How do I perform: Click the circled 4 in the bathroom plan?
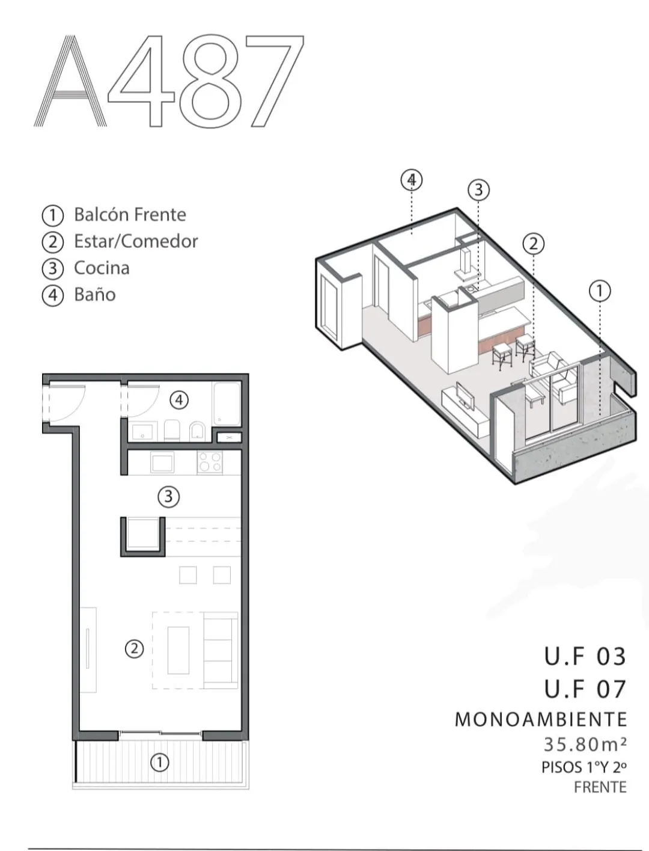[179, 400]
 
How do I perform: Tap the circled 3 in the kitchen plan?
[168, 497]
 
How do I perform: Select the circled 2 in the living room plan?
[135, 648]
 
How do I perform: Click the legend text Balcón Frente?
[130, 214]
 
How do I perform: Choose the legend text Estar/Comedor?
[136, 241]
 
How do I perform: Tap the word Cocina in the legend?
[102, 268]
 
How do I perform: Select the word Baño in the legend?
[95, 295]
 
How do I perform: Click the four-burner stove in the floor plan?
[210, 462]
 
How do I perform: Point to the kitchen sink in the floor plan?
[162, 462]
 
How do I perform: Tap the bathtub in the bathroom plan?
[226, 404]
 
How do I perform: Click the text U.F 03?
[585, 657]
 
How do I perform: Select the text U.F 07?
[585, 689]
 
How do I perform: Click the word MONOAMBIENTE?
[541, 719]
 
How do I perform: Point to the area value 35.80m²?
[585, 744]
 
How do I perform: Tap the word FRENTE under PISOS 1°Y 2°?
[600, 787]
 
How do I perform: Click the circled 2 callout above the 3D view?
[534, 244]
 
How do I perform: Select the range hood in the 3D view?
[467, 263]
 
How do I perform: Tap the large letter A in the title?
[70, 81]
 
